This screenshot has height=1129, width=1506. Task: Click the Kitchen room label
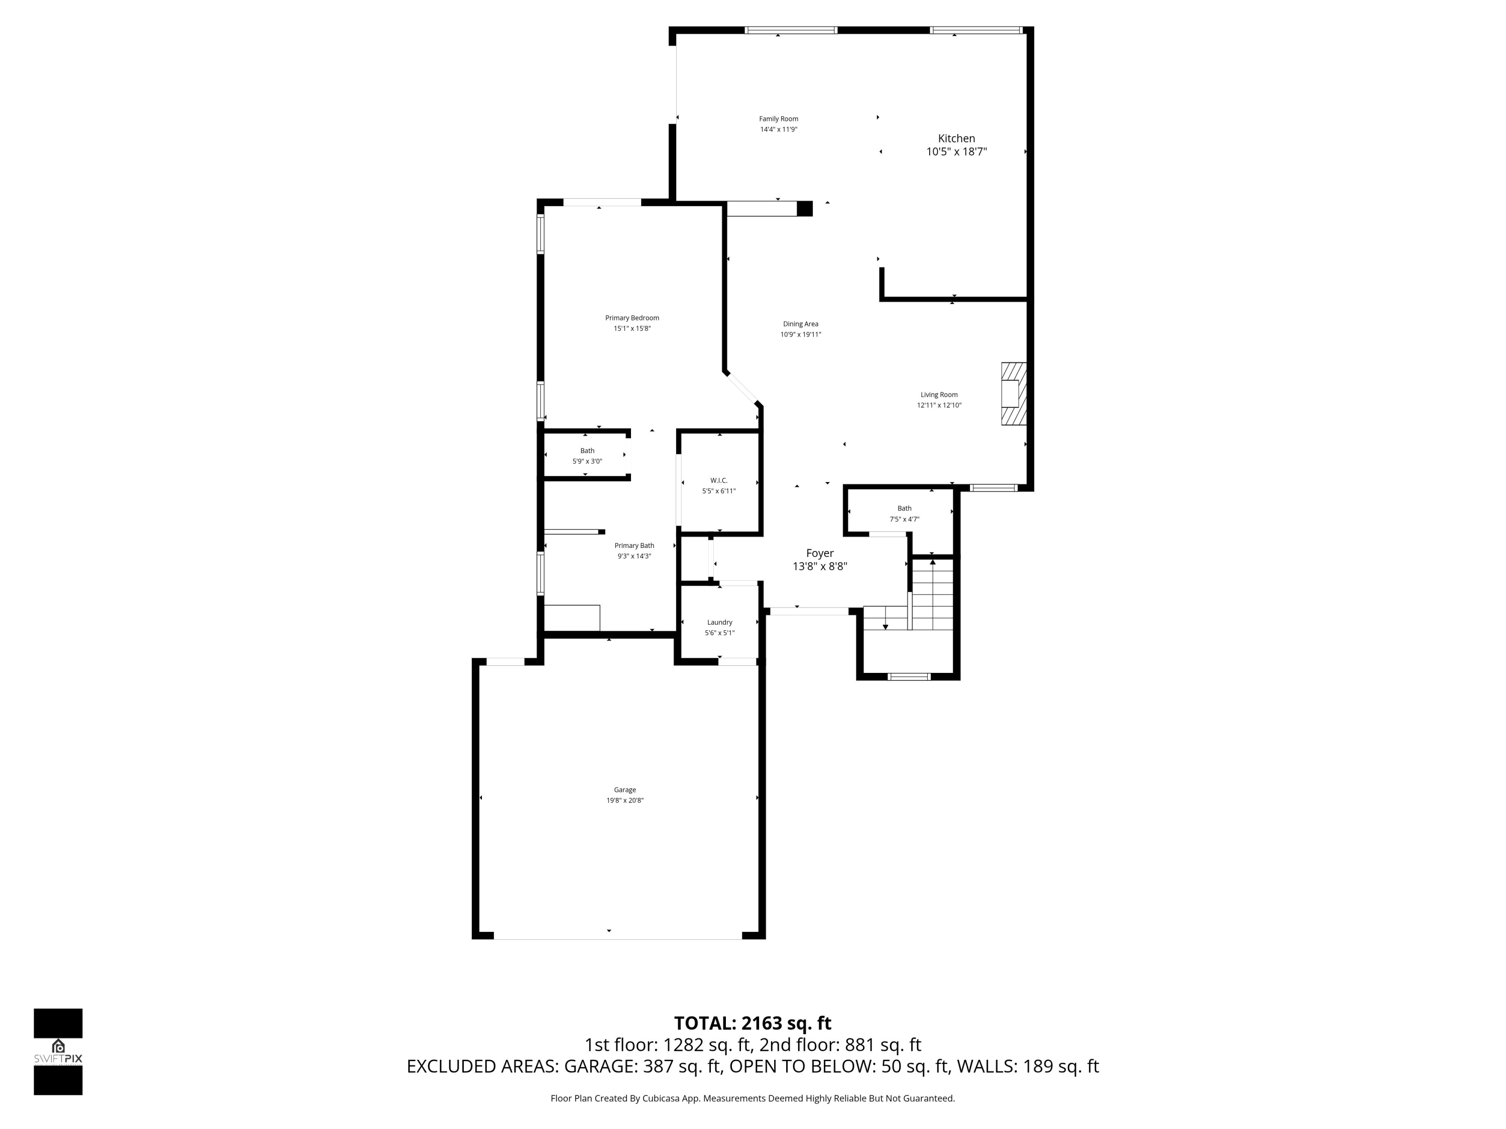(957, 138)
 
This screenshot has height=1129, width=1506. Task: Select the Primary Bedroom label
(633, 318)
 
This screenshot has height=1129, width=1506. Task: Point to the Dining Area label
(801, 324)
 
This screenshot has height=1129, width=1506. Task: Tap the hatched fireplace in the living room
(1014, 394)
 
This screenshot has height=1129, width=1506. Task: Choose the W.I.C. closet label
(719, 481)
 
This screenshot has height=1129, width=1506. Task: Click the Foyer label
(820, 553)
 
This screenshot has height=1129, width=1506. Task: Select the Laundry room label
(720, 622)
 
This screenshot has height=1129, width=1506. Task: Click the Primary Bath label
(635, 546)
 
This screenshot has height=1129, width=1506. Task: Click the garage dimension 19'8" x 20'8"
(625, 800)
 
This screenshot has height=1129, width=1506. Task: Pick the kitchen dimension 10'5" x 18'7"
(957, 152)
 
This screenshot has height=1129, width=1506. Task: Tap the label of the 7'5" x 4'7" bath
(905, 508)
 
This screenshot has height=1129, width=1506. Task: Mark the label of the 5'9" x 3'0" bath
(587, 451)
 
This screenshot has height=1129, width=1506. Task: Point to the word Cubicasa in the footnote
(660, 1098)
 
